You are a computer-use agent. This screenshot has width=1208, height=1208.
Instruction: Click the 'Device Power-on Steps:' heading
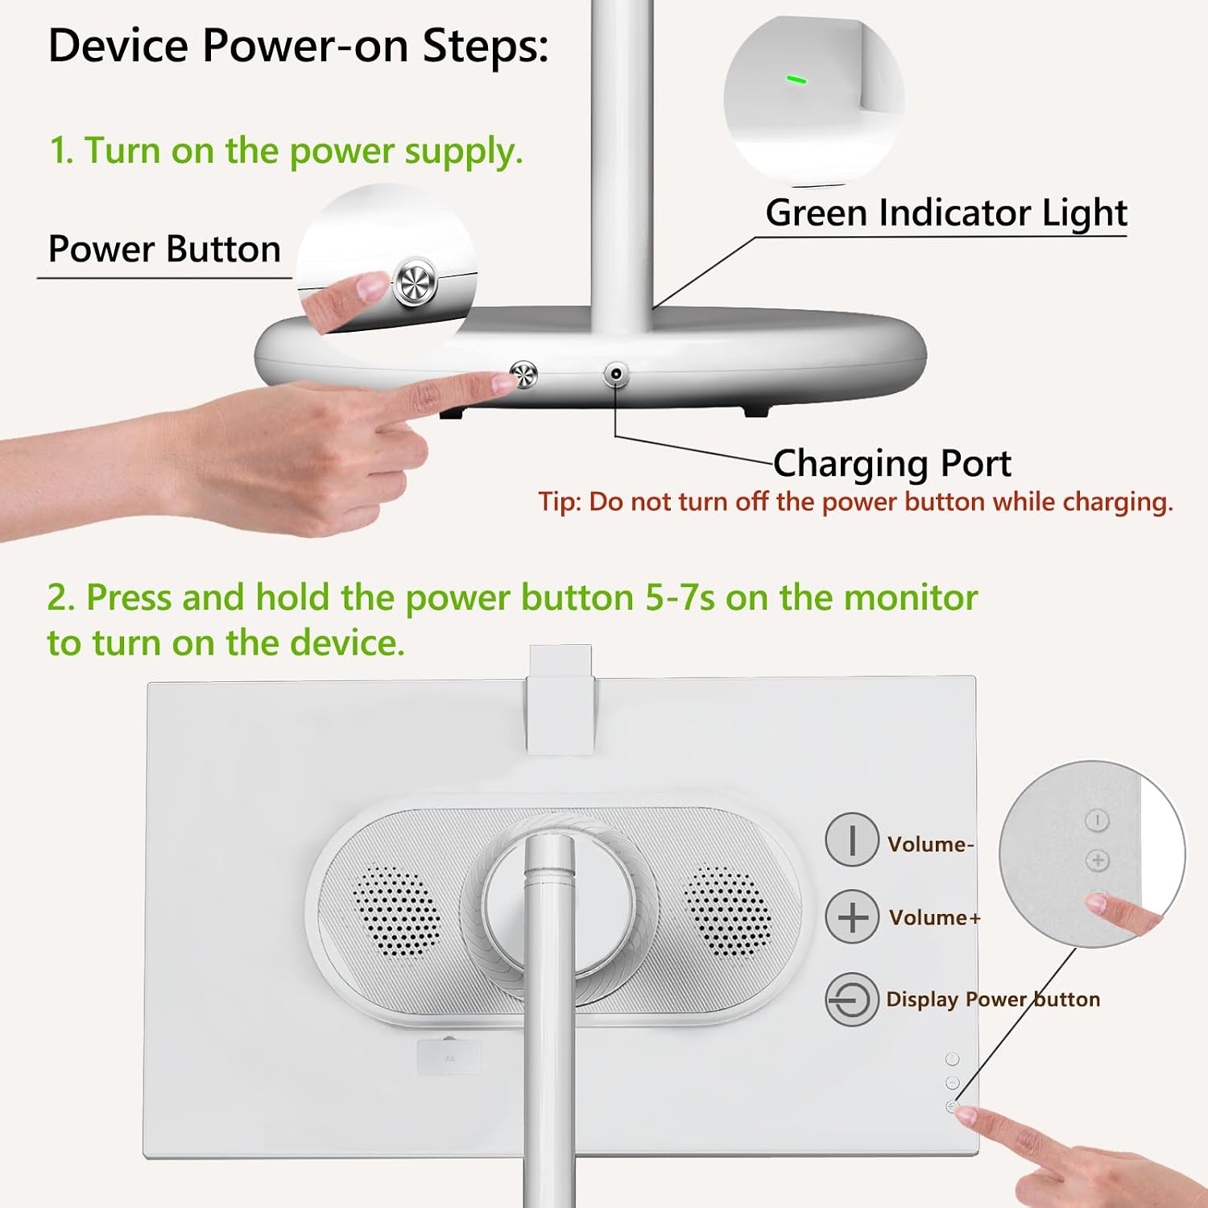(x=298, y=46)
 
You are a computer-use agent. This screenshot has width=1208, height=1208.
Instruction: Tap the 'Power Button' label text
(x=164, y=249)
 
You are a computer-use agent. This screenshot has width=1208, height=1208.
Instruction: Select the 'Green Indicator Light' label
(x=946, y=213)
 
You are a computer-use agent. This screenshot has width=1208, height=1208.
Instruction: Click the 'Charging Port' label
(x=892, y=464)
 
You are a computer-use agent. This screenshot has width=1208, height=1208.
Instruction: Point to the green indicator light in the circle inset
(x=796, y=80)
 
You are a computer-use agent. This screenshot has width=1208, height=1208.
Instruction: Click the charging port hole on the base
(x=616, y=374)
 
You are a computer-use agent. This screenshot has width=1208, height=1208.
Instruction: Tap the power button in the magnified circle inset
(x=415, y=282)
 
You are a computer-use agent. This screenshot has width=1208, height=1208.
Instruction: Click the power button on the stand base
(x=524, y=374)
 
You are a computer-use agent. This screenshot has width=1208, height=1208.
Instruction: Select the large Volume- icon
(x=851, y=839)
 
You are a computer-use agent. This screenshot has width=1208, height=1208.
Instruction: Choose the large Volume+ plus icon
(x=852, y=916)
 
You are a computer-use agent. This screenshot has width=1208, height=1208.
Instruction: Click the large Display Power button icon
(x=851, y=999)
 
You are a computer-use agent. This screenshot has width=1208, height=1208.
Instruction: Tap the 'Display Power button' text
(x=993, y=999)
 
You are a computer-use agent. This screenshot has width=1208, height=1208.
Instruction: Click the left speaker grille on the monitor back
(x=396, y=912)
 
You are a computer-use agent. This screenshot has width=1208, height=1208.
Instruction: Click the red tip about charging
(x=855, y=502)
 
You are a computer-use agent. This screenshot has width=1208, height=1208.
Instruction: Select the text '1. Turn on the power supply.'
(x=286, y=151)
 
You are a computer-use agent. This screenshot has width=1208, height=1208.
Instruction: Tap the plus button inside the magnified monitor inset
(x=1098, y=860)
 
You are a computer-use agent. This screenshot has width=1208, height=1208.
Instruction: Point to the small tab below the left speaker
(x=449, y=1057)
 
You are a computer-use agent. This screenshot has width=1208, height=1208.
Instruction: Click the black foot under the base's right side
(x=755, y=411)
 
